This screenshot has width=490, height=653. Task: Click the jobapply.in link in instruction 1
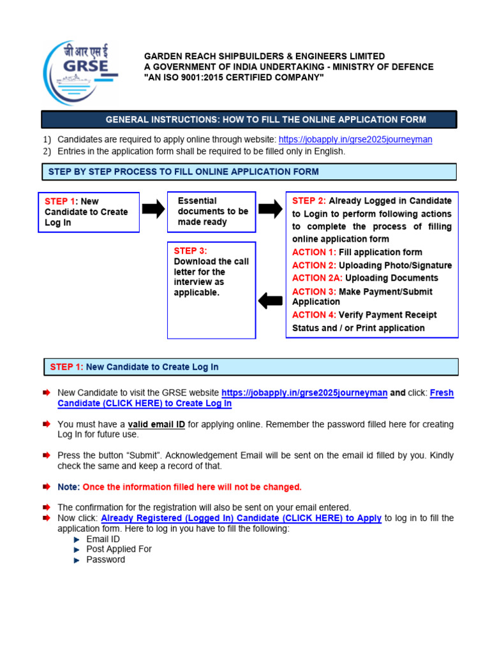355,140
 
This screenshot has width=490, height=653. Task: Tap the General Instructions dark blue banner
249,119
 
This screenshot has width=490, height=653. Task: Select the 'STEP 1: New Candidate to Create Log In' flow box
88,212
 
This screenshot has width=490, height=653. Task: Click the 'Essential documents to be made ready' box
211,211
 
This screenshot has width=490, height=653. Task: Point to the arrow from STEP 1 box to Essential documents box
153,210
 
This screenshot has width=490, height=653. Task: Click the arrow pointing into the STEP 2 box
271,209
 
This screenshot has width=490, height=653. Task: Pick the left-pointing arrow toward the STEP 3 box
271,300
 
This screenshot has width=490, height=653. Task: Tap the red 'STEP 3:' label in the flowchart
190,251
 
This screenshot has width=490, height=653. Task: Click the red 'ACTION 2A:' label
317,278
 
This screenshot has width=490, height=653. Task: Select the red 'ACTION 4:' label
314,314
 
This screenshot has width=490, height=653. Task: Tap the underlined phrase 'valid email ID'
156,424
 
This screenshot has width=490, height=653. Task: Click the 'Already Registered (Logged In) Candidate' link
241,518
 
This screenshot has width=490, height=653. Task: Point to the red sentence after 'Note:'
192,487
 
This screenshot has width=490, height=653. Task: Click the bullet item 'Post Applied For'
119,549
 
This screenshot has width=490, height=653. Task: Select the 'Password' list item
106,560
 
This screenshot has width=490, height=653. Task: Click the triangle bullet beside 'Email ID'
77,539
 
